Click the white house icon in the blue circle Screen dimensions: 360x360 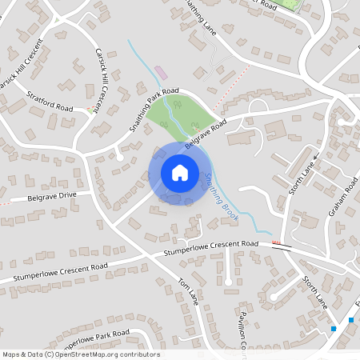click(179, 173)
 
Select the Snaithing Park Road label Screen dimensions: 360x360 click(154, 110)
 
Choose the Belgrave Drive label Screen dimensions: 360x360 click(51, 194)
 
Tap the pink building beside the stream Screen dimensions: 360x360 click(162, 73)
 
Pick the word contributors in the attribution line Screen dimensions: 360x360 click(141, 354)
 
